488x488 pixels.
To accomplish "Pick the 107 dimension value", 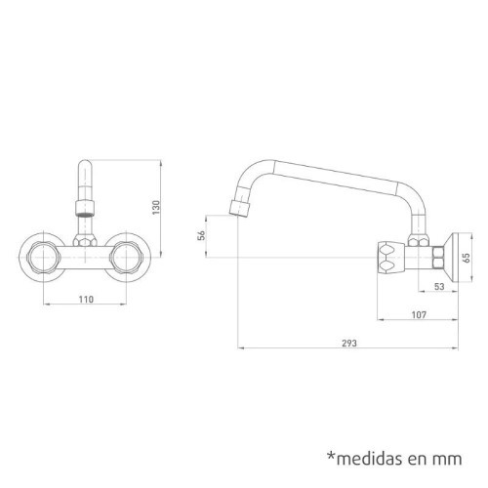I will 417,315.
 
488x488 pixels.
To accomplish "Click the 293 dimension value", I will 349,344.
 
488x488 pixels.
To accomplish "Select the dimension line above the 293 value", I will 348,350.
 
